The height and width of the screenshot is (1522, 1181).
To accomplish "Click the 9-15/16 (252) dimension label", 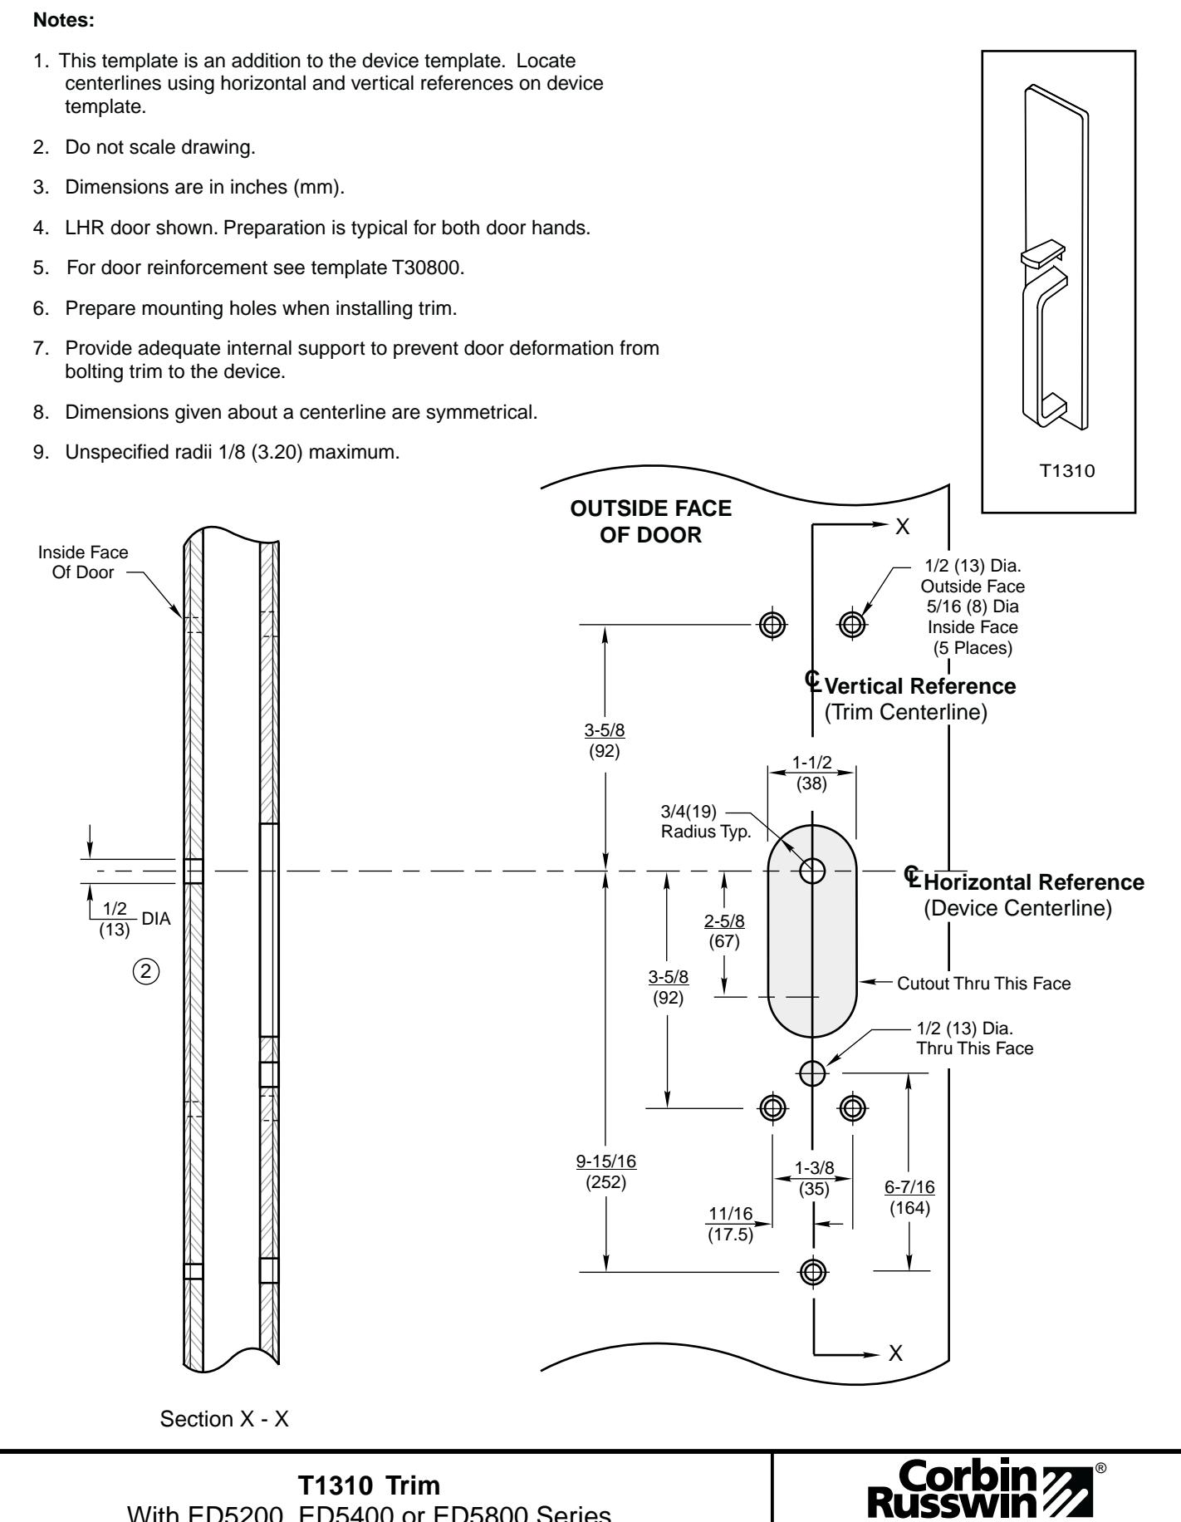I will click(606, 1171).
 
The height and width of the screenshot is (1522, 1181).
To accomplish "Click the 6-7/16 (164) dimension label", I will click(909, 1197).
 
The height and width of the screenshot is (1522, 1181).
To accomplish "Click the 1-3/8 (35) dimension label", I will click(814, 1179).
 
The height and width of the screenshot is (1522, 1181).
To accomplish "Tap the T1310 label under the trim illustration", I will click(1059, 471).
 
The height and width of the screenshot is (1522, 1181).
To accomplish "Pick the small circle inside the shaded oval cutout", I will click(812, 871).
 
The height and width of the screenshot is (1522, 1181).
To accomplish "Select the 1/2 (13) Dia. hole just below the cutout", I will click(812, 1073).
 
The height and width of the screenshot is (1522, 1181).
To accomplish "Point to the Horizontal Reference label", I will click(1034, 882).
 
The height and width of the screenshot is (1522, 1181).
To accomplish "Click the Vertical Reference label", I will click(920, 687).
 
